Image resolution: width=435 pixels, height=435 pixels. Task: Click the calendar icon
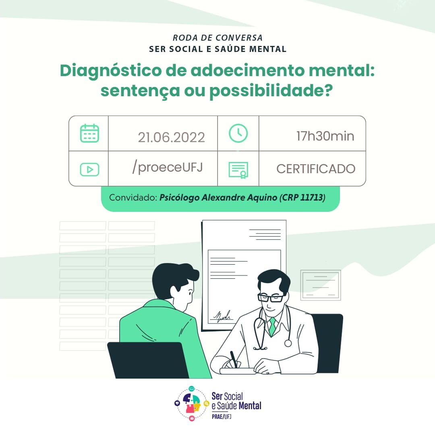click(89, 133)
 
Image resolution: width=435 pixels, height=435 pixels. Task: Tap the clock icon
click(238, 133)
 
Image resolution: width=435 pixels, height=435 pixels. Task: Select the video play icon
click(89, 169)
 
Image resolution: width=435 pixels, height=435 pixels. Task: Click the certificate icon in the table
click(238, 170)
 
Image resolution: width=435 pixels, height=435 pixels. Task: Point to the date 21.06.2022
click(172, 137)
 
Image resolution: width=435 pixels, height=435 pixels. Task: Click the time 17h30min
click(325, 136)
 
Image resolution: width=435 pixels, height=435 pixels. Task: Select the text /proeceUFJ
click(168, 167)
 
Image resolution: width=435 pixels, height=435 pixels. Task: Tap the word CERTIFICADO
click(316, 169)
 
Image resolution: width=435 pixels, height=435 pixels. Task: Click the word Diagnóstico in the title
click(110, 71)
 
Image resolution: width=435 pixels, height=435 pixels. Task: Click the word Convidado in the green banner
click(133, 197)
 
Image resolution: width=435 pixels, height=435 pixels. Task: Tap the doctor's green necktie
click(272, 326)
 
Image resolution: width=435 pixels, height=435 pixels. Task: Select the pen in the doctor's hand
click(234, 360)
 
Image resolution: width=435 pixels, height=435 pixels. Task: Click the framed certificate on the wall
click(321, 285)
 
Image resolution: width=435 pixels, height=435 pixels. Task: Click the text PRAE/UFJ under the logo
click(222, 417)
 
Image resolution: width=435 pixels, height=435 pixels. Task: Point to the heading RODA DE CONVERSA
click(217, 38)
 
